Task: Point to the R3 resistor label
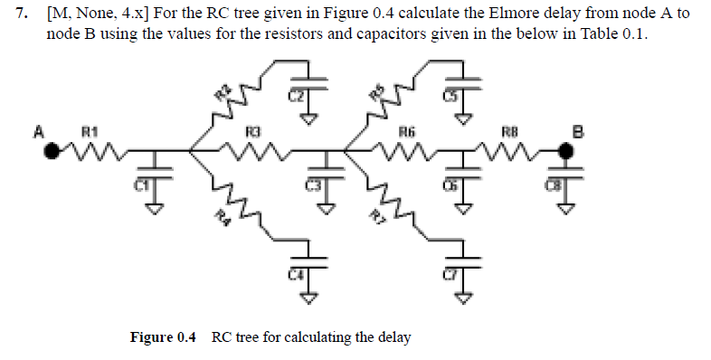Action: coord(256,132)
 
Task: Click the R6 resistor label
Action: coord(407,132)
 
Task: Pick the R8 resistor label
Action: coord(512,132)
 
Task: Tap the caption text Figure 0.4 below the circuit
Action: coord(163,337)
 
